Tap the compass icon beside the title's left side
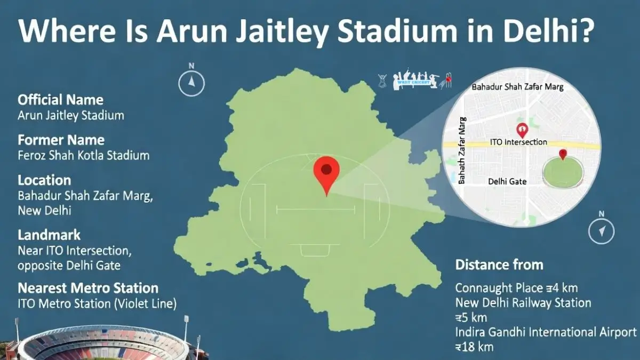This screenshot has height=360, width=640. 191,82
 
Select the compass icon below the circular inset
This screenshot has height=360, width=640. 602,230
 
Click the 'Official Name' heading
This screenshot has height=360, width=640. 60,100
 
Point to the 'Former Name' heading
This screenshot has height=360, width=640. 61,140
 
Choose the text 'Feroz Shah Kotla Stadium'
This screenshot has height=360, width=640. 83,156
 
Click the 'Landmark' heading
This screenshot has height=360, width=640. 49,235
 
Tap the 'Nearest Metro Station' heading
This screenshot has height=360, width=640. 88,289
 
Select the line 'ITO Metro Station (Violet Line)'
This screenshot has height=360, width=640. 97,304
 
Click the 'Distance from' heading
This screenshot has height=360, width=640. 499,265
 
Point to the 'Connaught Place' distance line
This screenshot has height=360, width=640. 516,289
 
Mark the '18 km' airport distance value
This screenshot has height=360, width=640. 474,347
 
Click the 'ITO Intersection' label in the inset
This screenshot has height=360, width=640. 518,142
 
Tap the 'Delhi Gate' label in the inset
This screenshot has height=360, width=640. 507,181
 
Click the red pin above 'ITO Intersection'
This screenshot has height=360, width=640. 522,129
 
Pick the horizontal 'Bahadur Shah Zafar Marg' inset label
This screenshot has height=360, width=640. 517,86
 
